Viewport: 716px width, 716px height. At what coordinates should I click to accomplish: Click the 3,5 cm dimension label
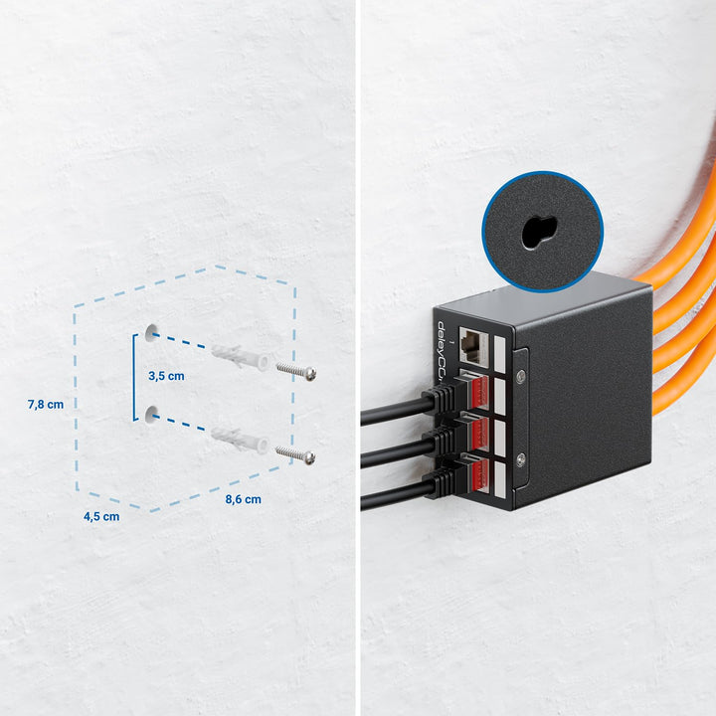pyautogui.click(x=166, y=376)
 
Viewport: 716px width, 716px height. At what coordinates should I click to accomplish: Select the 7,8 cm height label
pyautogui.click(x=45, y=404)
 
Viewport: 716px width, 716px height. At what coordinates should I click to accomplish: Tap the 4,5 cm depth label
pyautogui.click(x=101, y=516)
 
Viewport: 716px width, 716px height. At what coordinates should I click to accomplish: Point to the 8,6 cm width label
pyautogui.click(x=243, y=499)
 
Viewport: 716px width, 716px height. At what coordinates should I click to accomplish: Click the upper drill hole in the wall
pyautogui.click(x=151, y=333)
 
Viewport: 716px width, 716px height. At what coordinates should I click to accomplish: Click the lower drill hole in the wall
pyautogui.click(x=151, y=414)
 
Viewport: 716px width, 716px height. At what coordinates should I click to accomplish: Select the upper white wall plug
pyautogui.click(x=240, y=357)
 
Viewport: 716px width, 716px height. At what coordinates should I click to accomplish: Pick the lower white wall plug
pyautogui.click(x=240, y=441)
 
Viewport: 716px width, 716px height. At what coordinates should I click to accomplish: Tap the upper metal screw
pyautogui.click(x=296, y=371)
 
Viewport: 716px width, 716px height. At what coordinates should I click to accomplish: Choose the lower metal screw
pyautogui.click(x=295, y=454)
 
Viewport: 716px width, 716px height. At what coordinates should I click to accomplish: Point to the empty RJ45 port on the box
pyautogui.click(x=473, y=347)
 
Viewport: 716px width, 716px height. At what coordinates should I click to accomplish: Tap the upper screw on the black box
pyautogui.click(x=520, y=376)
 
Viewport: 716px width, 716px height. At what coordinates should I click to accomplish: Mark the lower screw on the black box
pyautogui.click(x=520, y=459)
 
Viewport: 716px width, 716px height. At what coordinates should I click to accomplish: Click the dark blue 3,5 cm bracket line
pyautogui.click(x=134, y=377)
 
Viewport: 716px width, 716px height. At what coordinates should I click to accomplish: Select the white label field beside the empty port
pyautogui.click(x=500, y=355)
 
